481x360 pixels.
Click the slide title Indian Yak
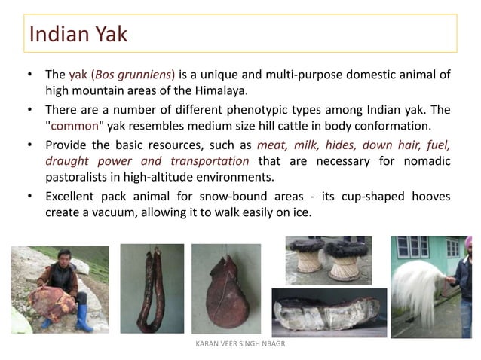click(x=78, y=34)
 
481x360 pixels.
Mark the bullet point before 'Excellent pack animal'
click(x=29, y=197)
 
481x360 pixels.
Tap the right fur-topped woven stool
click(x=347, y=256)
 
